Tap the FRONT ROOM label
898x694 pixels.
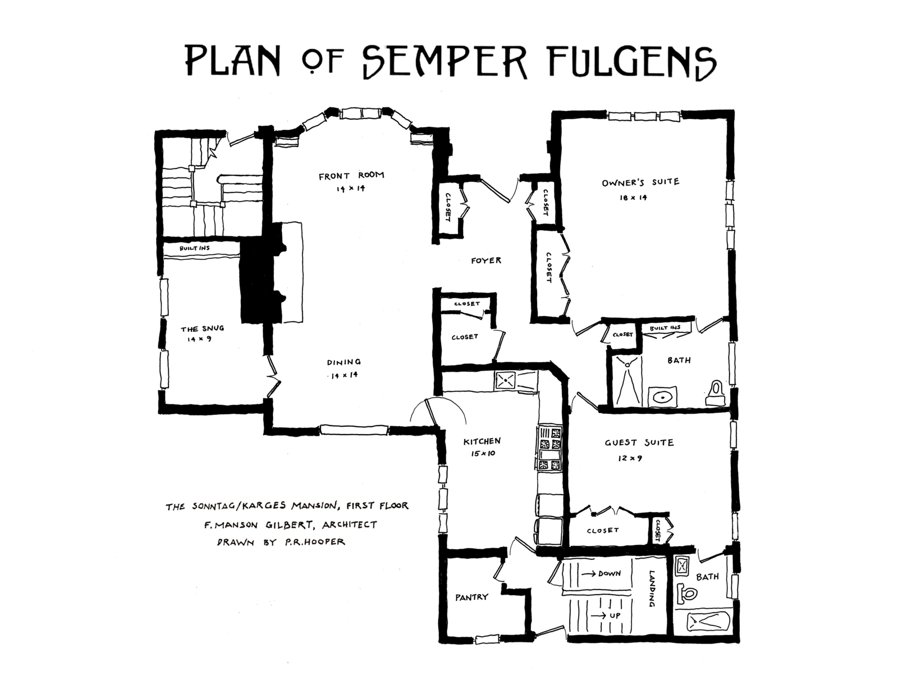351,176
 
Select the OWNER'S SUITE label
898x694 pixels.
640,182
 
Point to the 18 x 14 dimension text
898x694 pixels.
633,198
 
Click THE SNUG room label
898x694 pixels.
203,329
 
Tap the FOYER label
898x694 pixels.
486,261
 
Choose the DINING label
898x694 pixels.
344,362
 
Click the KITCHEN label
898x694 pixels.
482,442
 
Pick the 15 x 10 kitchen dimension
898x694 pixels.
483,454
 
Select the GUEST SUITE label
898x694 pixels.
639,442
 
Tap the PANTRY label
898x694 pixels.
471,597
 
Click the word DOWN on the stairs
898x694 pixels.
610,574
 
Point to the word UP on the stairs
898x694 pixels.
615,615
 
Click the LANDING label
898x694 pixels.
652,589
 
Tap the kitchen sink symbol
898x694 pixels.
506,380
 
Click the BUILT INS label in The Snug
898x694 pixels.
195,248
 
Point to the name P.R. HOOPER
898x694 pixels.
315,542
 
